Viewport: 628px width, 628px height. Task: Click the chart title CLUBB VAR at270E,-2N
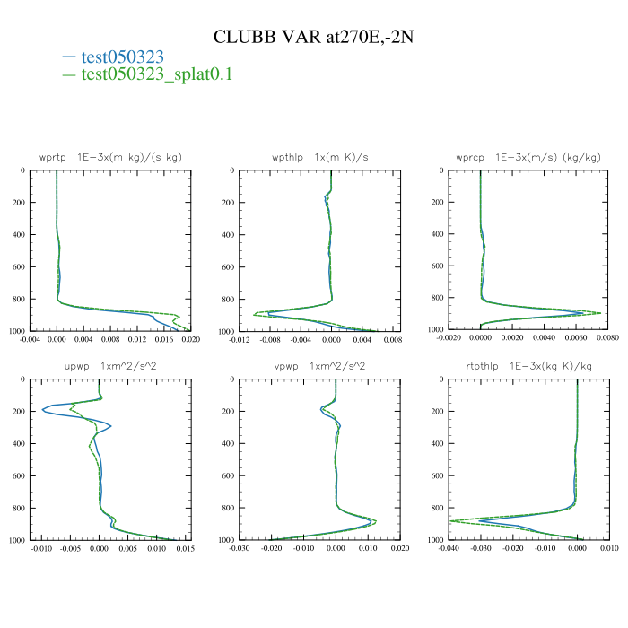(313, 37)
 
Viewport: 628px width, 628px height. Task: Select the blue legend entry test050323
(122, 57)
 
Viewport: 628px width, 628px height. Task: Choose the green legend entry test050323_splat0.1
(156, 74)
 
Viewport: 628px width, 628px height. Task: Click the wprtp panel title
(110, 157)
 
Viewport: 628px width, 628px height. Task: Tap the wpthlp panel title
(320, 157)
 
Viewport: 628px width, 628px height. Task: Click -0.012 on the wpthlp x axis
(240, 340)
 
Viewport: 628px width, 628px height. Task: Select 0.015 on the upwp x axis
(185, 549)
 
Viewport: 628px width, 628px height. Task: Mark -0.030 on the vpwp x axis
(240, 549)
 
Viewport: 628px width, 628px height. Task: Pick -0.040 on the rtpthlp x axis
(449, 549)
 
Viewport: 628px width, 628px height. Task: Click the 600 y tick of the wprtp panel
(19, 267)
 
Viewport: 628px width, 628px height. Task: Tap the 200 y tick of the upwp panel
(19, 412)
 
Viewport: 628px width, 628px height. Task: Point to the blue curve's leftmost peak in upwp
(42, 411)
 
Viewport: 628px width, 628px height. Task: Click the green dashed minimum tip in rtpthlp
(450, 520)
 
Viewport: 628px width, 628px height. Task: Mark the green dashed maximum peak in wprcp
(600, 312)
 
